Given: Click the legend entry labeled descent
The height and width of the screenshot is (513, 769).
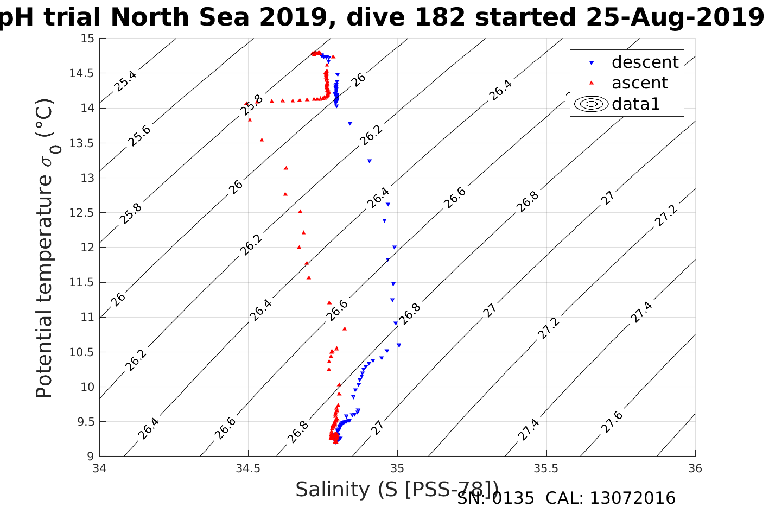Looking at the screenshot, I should [x=645, y=62].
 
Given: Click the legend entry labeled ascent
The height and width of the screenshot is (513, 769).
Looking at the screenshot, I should [x=639, y=83].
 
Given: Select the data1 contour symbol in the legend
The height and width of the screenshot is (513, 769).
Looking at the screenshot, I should [x=592, y=104].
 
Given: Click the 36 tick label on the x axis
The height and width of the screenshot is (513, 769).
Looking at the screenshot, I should [x=695, y=468].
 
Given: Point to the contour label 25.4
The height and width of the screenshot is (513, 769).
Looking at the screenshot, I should [x=125, y=81].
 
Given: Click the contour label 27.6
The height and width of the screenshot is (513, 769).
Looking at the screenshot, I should [x=612, y=422].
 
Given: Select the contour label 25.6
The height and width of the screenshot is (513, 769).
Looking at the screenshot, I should [x=139, y=136].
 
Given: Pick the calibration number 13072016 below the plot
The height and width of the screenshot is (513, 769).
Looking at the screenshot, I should [x=632, y=498].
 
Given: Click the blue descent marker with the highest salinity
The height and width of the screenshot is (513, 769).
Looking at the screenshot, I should [x=399, y=345].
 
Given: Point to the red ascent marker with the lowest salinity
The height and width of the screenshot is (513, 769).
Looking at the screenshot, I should [x=246, y=103].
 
